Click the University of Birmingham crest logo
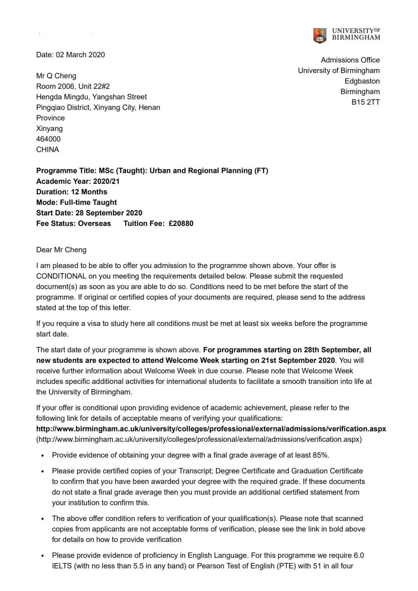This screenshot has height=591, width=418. (320, 35)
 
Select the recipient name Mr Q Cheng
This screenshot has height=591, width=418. (56, 76)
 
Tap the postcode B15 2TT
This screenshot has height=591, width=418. (365, 102)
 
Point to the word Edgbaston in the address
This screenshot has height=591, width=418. (362, 81)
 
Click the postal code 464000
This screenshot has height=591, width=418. (48, 139)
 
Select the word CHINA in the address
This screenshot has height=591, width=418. (47, 150)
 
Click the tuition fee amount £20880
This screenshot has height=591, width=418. (181, 224)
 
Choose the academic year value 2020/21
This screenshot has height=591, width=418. (106, 182)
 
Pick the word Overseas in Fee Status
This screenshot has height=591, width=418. (94, 224)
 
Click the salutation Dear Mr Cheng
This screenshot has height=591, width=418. (61, 250)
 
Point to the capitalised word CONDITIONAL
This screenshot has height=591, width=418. (61, 276)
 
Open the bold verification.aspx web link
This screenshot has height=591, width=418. (211, 429)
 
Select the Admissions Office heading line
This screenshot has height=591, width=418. (350, 60)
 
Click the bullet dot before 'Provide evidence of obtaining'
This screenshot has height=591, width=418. (42, 456)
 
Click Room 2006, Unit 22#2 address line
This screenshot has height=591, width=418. (73, 86)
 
